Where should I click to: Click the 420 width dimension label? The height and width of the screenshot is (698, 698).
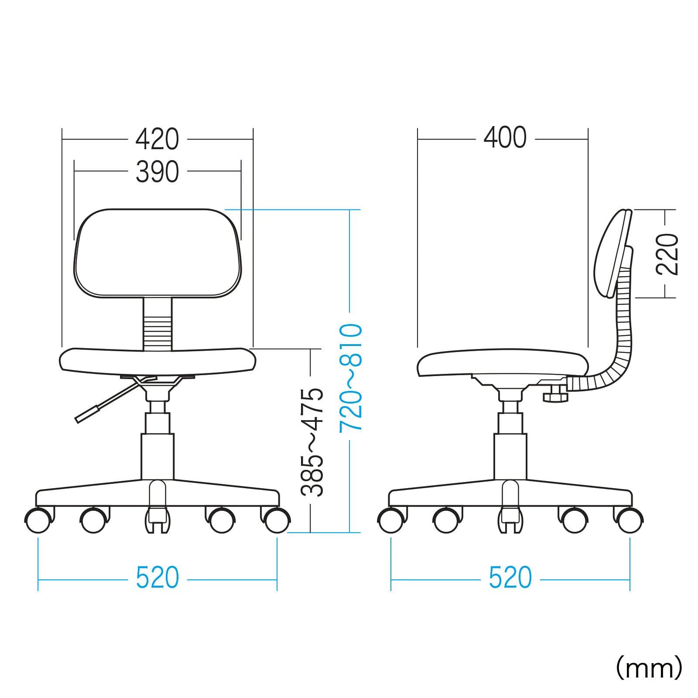point(157,139)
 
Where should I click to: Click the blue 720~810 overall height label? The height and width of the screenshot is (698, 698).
point(350,377)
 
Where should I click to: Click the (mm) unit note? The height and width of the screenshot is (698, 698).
point(649,668)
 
